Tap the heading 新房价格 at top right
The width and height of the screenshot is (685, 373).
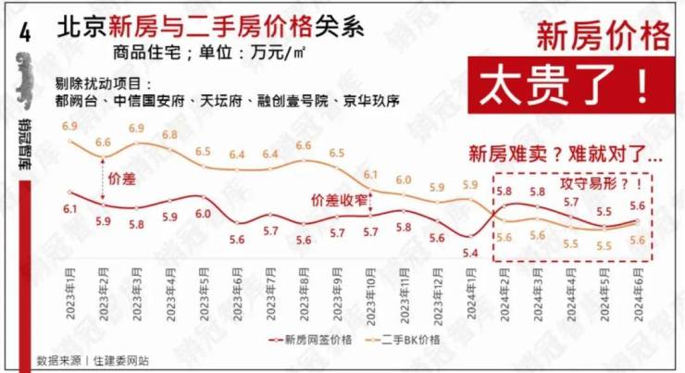point(604,37)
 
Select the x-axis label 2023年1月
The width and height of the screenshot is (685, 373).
point(70,291)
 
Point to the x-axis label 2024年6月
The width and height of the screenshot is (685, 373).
point(638,291)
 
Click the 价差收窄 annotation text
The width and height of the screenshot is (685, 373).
point(339,199)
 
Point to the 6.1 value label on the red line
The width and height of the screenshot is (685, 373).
point(70,210)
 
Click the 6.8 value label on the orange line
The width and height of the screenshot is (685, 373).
point(169,135)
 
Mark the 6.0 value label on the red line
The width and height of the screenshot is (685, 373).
point(203,213)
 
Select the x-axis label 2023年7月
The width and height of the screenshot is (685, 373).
point(270,291)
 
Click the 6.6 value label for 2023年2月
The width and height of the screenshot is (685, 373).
point(103,142)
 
